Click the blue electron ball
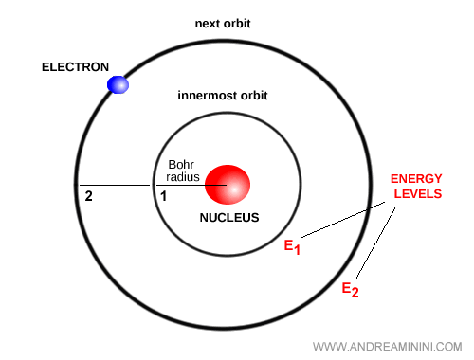(118, 84)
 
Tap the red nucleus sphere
(228, 184)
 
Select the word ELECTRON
(76, 67)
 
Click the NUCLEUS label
(228, 217)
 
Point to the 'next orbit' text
(225, 23)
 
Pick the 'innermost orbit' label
(224, 97)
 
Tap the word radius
(183, 176)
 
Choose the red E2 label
(350, 288)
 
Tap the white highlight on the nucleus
(233, 189)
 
